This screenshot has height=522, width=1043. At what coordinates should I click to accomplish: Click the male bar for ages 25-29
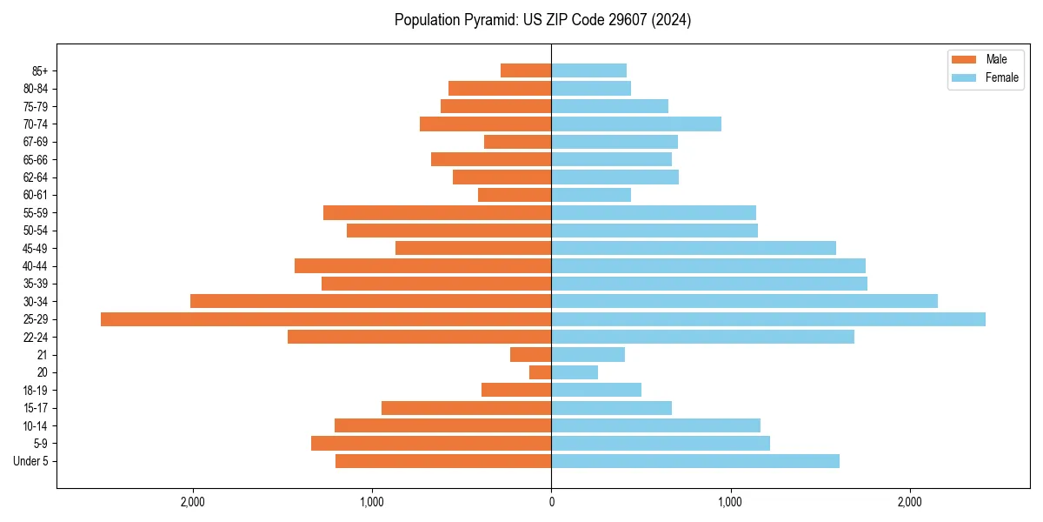tap(326, 319)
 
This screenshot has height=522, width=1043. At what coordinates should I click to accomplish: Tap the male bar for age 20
tap(541, 372)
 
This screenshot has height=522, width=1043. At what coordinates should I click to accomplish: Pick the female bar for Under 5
tap(695, 461)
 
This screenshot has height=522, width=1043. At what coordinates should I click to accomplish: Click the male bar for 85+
tap(526, 70)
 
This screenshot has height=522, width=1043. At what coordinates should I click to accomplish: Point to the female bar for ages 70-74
tap(636, 124)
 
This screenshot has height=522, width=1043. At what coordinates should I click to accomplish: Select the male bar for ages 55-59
tap(437, 213)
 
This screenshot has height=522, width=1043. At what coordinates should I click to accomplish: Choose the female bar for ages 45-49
tap(694, 248)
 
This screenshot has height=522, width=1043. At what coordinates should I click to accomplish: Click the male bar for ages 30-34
tap(370, 301)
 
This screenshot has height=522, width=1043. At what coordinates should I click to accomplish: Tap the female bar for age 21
tap(588, 355)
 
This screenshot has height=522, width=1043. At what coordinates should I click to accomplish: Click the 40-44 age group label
tap(36, 266)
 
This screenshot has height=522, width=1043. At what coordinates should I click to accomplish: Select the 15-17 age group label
tap(36, 408)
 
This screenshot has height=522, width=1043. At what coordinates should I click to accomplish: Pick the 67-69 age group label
tap(36, 142)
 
